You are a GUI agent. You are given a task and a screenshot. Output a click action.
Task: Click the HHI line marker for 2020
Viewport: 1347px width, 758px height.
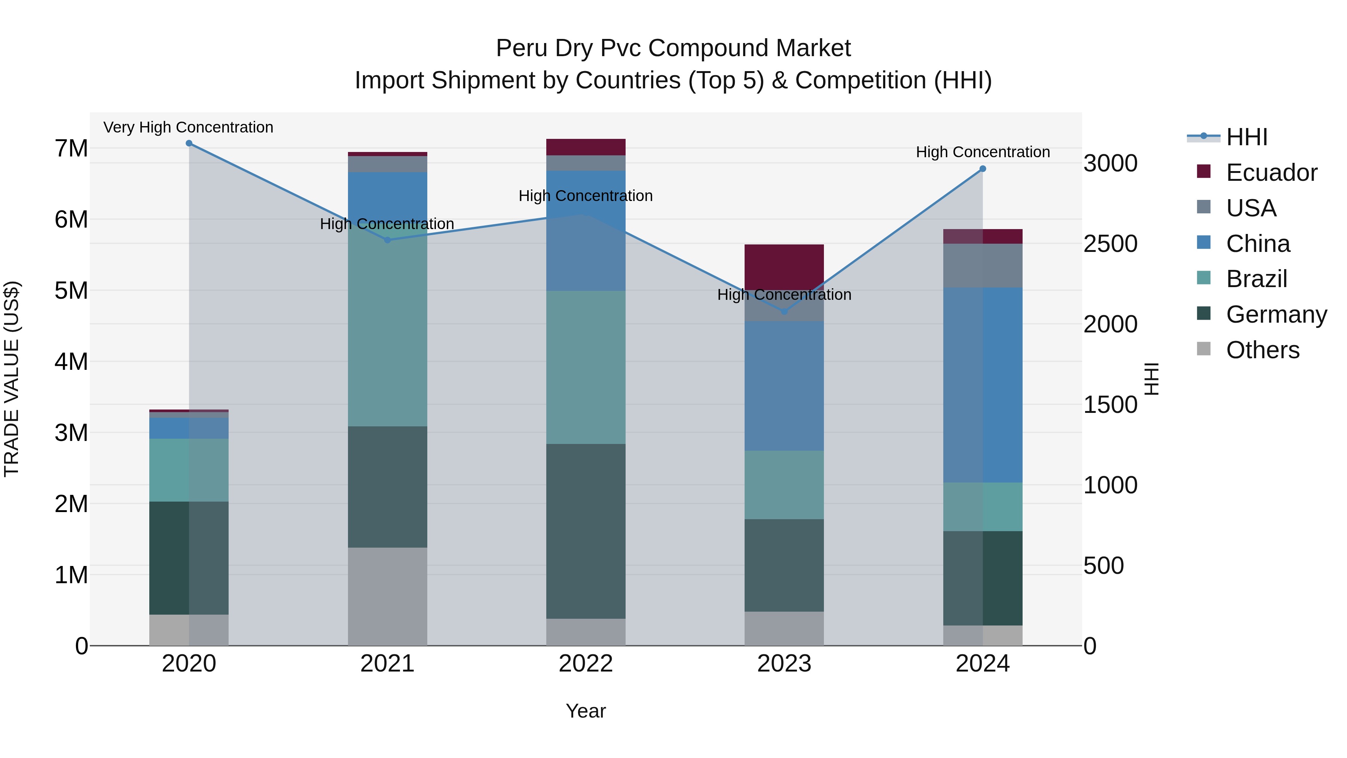[x=189, y=143]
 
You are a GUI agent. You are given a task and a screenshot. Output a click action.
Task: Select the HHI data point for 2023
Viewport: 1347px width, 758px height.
[x=784, y=312]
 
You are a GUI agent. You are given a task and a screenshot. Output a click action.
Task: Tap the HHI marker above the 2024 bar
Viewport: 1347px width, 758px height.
[x=983, y=168]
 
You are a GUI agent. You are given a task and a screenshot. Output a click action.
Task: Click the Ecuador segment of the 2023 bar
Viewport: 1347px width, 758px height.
[x=784, y=267]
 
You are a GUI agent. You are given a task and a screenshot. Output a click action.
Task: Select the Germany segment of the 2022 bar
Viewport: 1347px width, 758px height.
[x=586, y=531]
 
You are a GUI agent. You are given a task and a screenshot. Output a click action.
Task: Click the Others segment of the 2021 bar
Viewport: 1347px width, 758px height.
[x=388, y=596]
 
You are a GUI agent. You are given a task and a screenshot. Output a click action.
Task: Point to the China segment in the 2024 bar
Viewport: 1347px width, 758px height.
[x=983, y=384]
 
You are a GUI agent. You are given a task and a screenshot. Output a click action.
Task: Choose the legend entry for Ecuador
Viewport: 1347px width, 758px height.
[x=1271, y=173]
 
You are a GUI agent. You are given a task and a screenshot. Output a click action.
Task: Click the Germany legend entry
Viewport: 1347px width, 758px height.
[x=1276, y=314]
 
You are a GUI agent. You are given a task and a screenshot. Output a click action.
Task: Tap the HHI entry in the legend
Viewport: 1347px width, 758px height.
[x=1247, y=137]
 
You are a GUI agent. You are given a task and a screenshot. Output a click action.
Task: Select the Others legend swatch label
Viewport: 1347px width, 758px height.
[x=1262, y=350]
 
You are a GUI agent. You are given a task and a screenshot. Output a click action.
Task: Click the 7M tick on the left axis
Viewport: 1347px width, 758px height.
[x=71, y=149]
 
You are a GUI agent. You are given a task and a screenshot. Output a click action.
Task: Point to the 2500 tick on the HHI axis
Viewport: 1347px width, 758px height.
[x=1110, y=244]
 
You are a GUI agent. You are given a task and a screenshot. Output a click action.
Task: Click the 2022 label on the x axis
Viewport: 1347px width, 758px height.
[x=586, y=664]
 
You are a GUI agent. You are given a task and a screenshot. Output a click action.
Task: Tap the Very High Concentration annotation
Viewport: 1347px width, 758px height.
[x=188, y=127]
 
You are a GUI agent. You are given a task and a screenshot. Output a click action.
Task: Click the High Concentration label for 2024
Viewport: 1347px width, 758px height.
[x=983, y=152]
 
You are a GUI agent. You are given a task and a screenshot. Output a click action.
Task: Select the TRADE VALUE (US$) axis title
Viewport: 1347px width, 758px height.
[x=12, y=379]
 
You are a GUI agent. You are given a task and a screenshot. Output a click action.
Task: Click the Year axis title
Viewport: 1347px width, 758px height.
[x=586, y=711]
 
